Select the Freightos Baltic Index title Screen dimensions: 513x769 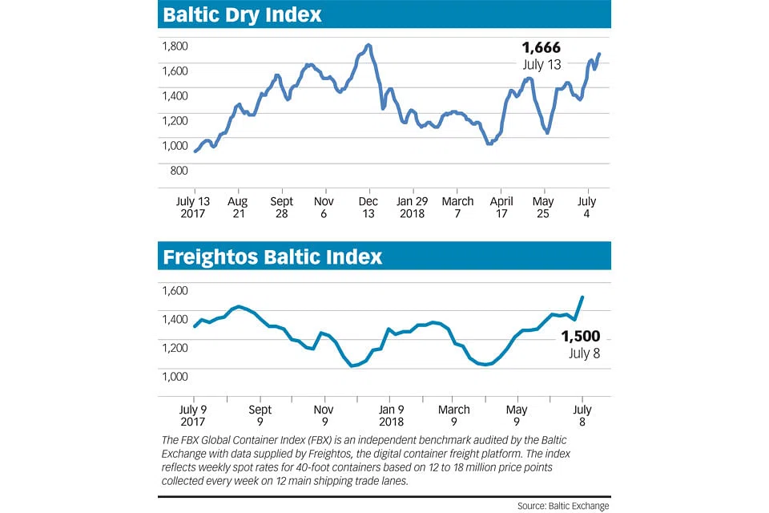point(272,256)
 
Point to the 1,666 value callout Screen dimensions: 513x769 point(541,49)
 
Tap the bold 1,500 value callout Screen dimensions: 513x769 point(581,337)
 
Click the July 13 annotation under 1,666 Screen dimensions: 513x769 point(541,65)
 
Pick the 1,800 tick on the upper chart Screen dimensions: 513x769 point(175,46)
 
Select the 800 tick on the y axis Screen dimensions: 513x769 point(179,170)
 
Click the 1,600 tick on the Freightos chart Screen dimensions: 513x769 point(175,291)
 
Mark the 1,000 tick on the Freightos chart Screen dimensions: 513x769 point(175,376)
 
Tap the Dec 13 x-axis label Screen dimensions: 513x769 point(368,208)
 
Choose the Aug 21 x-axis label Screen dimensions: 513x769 point(238,208)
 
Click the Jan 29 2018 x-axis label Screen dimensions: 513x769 point(413,208)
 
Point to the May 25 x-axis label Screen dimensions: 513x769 point(544,208)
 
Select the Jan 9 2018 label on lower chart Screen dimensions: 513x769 point(390,415)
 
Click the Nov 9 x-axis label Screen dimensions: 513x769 point(324,415)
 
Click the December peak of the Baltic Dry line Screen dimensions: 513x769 point(368,45)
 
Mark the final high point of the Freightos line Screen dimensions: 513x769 point(582,297)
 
